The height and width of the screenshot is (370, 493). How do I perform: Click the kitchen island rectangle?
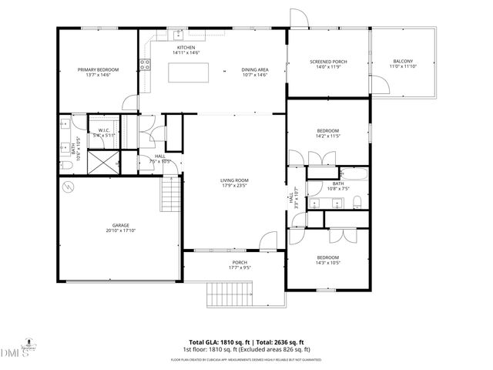[189, 73]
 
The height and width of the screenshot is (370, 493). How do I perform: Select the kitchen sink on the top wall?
[178, 34]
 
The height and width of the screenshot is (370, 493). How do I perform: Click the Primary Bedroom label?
[98, 69]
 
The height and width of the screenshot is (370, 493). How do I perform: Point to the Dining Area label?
[254, 69]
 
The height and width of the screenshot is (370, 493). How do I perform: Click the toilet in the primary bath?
[66, 164]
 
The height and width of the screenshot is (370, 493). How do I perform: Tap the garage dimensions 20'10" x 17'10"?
[121, 230]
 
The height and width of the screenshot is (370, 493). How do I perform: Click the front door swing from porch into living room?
[269, 241]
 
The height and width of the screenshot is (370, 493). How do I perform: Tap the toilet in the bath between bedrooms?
[357, 203]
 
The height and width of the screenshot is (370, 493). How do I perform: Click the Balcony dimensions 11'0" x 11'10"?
[403, 67]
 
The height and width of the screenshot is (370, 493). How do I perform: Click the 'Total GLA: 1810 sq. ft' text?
[218, 341]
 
